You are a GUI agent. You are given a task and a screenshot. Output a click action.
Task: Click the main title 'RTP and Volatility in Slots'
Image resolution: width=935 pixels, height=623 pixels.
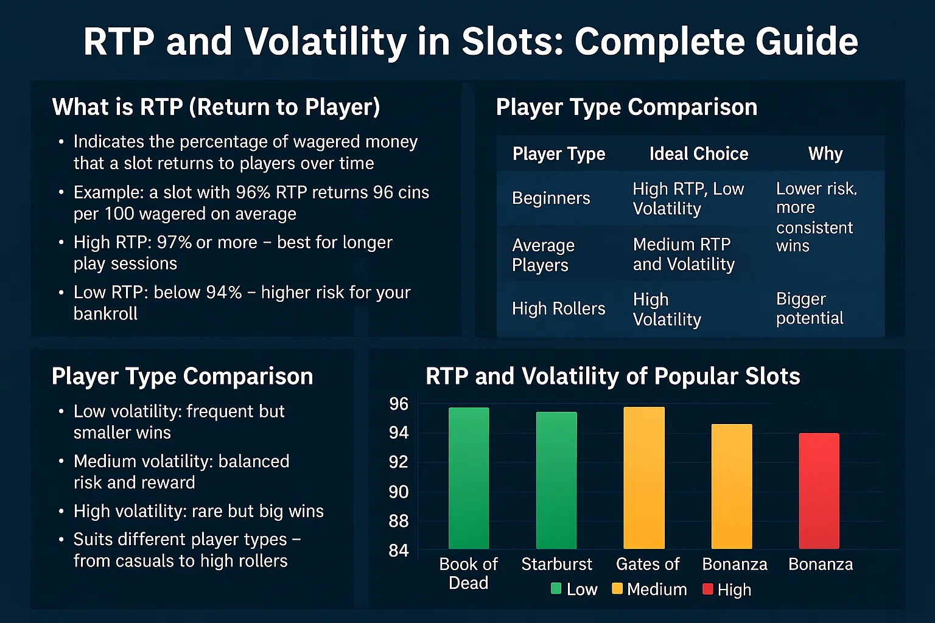(470, 41)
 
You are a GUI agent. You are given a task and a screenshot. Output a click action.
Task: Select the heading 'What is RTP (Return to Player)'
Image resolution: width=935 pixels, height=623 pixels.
(216, 107)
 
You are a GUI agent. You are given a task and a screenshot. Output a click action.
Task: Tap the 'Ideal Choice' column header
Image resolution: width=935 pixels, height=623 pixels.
(698, 154)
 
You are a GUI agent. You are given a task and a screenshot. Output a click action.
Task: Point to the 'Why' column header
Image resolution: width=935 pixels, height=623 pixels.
(825, 154)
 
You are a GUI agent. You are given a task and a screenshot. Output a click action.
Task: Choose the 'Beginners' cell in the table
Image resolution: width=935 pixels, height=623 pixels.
(551, 198)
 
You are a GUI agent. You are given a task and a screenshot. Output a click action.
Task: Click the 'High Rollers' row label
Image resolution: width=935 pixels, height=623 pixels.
(558, 309)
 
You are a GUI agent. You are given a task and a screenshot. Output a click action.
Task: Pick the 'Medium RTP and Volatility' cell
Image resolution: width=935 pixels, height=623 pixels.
(684, 254)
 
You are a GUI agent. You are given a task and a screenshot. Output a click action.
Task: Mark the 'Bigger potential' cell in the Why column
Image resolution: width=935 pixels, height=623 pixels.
(810, 308)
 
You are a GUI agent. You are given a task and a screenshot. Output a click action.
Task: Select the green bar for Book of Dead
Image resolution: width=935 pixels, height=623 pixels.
(469, 478)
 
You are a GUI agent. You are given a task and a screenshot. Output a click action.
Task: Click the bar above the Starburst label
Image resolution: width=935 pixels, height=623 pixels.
(556, 481)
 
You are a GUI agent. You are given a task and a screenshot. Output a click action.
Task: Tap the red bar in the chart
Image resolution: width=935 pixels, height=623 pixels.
(819, 491)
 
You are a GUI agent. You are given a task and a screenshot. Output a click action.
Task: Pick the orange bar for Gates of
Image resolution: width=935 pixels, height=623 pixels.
(644, 478)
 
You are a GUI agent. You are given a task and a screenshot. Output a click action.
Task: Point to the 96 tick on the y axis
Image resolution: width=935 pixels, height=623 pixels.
(399, 404)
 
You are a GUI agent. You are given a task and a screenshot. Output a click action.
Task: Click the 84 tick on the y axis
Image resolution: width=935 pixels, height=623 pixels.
(399, 551)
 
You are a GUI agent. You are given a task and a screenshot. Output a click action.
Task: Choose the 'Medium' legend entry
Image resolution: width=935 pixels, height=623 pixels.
(650, 590)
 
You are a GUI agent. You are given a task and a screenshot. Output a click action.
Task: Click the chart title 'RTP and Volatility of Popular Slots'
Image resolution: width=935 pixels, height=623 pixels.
(612, 377)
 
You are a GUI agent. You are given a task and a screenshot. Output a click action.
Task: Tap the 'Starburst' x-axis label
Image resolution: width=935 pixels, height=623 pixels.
(556, 565)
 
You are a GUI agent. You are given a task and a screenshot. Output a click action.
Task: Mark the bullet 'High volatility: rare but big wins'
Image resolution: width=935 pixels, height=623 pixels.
(198, 511)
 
